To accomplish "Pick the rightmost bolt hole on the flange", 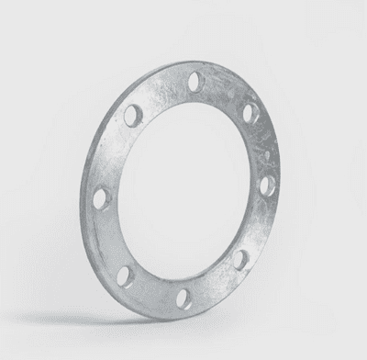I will pos(267,186).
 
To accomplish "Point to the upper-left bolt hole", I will pos(134,116).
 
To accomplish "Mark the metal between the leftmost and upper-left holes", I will pos(113,154).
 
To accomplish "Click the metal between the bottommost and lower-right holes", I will pos(215,285).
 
